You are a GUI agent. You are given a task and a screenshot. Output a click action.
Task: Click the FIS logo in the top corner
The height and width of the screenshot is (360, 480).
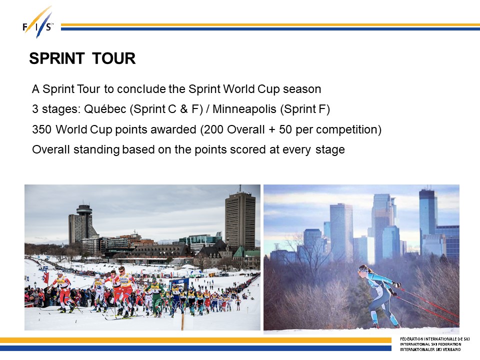(38, 22)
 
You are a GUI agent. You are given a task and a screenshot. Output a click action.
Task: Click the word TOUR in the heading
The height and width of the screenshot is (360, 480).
(114, 58)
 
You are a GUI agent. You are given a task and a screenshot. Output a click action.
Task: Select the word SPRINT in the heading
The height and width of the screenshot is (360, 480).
(57, 58)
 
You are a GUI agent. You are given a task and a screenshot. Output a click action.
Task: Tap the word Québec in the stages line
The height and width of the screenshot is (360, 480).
(105, 109)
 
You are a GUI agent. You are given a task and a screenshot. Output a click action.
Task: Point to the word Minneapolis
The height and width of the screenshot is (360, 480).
(244, 109)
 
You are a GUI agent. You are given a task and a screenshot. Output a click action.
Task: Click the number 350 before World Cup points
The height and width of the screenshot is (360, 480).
(41, 129)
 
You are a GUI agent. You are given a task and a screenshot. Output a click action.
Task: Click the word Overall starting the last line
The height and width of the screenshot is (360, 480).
(51, 149)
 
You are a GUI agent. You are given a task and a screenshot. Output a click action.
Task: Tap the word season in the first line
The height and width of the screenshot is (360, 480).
(302, 89)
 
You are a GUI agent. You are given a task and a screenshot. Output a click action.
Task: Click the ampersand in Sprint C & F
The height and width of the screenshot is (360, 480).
(183, 109)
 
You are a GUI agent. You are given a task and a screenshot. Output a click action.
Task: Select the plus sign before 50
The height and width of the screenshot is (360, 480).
(272, 130)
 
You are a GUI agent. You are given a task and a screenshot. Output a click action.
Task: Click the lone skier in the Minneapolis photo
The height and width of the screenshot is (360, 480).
(379, 295)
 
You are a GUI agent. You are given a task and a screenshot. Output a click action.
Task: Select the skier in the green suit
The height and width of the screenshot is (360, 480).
(155, 297)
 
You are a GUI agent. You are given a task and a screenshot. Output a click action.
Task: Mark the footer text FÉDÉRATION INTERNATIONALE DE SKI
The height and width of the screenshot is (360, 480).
(434, 339)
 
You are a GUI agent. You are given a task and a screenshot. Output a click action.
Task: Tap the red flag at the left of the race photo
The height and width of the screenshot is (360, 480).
(46, 277)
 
